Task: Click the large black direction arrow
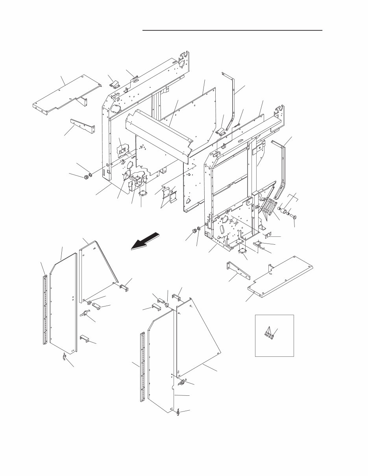pos(146,241)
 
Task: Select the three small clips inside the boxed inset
pos(269,335)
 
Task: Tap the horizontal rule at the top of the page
pos(232,30)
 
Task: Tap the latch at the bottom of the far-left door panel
pos(64,357)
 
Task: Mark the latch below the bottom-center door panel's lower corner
pos(178,412)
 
